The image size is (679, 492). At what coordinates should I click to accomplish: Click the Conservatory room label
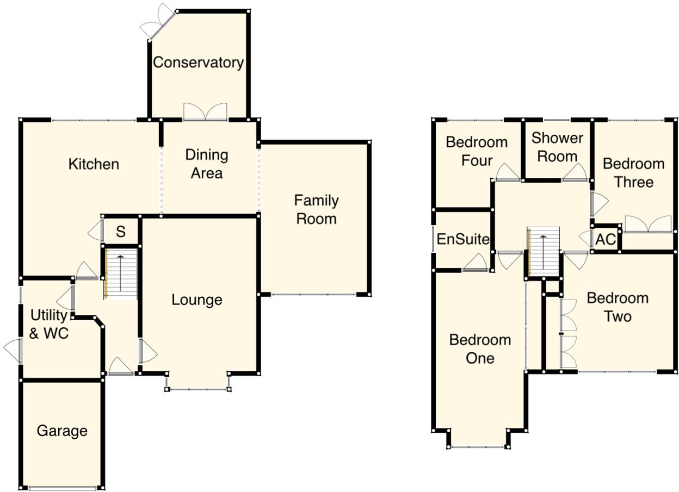pyautogui.click(x=198, y=63)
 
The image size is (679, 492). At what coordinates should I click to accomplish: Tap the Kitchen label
pyautogui.click(x=94, y=164)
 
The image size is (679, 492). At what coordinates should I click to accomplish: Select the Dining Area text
pyautogui.click(x=207, y=164)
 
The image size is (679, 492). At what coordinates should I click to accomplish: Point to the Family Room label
pyautogui.click(x=316, y=209)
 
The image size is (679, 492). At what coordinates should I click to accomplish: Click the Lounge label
pyautogui.click(x=197, y=300)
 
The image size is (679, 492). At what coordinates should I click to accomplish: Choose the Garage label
pyautogui.click(x=62, y=431)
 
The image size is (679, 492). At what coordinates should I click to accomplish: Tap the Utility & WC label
pyautogui.click(x=48, y=324)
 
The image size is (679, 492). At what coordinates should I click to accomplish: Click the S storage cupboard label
pyautogui.click(x=121, y=232)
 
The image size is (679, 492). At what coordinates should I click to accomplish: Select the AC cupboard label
pyautogui.click(x=606, y=239)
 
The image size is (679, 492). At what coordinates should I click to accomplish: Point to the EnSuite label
pyautogui.click(x=463, y=239)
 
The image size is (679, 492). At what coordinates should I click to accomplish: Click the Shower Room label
pyautogui.click(x=557, y=147)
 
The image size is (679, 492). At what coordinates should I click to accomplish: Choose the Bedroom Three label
pyautogui.click(x=633, y=172)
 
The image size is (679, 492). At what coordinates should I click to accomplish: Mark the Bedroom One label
pyautogui.click(x=480, y=349)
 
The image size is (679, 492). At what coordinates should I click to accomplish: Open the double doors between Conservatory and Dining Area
pyautogui.click(x=205, y=112)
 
